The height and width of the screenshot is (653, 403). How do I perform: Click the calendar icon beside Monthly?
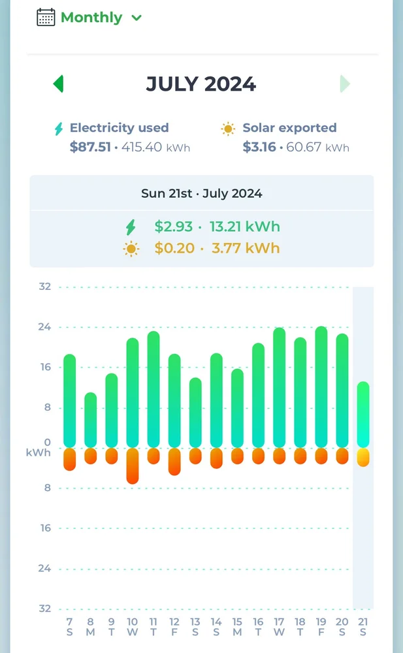click(x=46, y=17)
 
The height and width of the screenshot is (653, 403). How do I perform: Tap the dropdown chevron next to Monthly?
click(x=137, y=18)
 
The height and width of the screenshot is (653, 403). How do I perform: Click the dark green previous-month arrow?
click(x=58, y=84)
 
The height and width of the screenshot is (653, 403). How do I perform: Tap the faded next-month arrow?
click(x=345, y=84)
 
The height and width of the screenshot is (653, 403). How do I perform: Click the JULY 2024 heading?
click(x=201, y=84)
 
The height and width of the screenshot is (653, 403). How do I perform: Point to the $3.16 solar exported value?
click(x=259, y=147)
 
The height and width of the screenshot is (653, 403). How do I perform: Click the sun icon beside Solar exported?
click(x=228, y=129)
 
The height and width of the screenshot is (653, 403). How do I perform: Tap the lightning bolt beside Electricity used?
click(x=59, y=129)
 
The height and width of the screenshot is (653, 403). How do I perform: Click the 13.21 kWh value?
click(x=244, y=227)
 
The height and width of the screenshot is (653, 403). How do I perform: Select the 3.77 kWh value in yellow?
click(x=246, y=248)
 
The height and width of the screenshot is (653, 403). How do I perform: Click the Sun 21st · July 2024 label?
click(x=201, y=193)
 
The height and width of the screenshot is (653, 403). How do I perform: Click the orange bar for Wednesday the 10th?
click(x=133, y=466)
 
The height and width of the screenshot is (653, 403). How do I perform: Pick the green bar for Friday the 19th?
click(x=321, y=387)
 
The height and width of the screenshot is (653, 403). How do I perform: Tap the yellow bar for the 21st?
click(x=363, y=457)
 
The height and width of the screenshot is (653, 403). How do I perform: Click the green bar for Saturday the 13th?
click(x=195, y=413)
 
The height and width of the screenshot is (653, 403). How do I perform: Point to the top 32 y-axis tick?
click(x=45, y=287)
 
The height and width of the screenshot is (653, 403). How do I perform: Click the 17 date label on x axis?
click(x=279, y=622)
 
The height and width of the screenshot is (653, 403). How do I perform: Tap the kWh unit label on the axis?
click(x=39, y=452)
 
